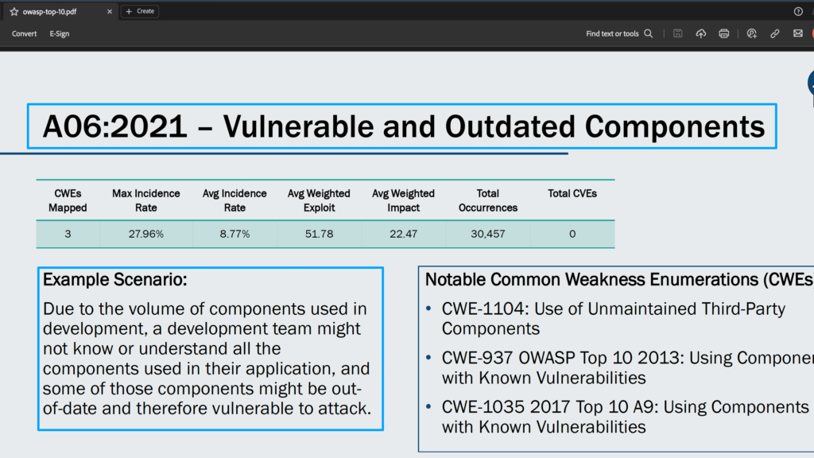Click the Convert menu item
point(24,33)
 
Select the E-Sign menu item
point(59,33)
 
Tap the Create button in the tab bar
point(140,11)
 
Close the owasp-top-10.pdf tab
point(110,11)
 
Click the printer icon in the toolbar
point(723,33)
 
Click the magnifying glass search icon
point(649,33)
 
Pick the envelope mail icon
point(798,33)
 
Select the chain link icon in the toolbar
point(774,33)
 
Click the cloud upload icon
point(701,33)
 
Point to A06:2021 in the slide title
point(114,126)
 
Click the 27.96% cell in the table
point(146,235)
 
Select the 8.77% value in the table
point(235,235)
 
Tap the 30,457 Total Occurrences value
point(488,235)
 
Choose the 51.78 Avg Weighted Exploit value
point(319,235)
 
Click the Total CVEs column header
point(572,194)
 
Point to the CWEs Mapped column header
point(68,200)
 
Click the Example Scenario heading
point(114,279)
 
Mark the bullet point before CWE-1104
point(428,309)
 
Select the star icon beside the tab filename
point(14,11)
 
